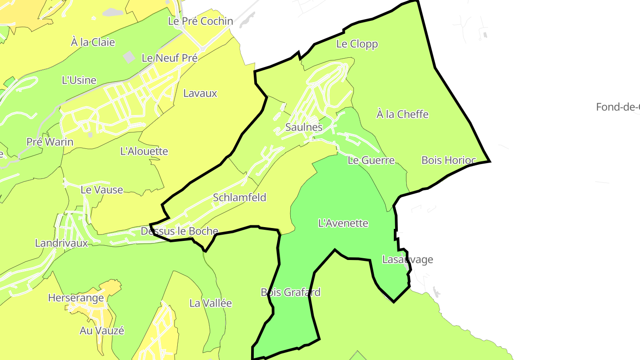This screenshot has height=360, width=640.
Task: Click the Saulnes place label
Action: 304,127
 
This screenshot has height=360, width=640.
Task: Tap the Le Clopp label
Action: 357,44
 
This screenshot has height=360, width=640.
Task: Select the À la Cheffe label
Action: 402,114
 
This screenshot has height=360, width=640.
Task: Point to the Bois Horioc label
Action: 448,160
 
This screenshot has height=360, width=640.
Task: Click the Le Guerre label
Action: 371,160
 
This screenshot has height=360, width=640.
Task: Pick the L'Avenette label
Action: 343,223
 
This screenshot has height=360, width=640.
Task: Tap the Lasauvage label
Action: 407,260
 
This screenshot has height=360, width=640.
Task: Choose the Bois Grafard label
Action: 290,292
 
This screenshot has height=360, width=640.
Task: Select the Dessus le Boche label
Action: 179,231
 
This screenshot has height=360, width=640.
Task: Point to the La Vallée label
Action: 210,304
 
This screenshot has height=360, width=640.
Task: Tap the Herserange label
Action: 76,298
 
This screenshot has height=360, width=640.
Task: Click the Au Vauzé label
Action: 101,331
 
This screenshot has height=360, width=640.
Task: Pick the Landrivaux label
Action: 61,243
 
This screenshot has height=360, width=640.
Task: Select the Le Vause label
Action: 101,190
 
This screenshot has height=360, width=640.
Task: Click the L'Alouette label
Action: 144,151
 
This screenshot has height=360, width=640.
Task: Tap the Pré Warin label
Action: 50,142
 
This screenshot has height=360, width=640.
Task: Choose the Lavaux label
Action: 200,93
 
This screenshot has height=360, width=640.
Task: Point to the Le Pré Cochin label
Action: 200,21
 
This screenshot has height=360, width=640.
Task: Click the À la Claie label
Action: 92,42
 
